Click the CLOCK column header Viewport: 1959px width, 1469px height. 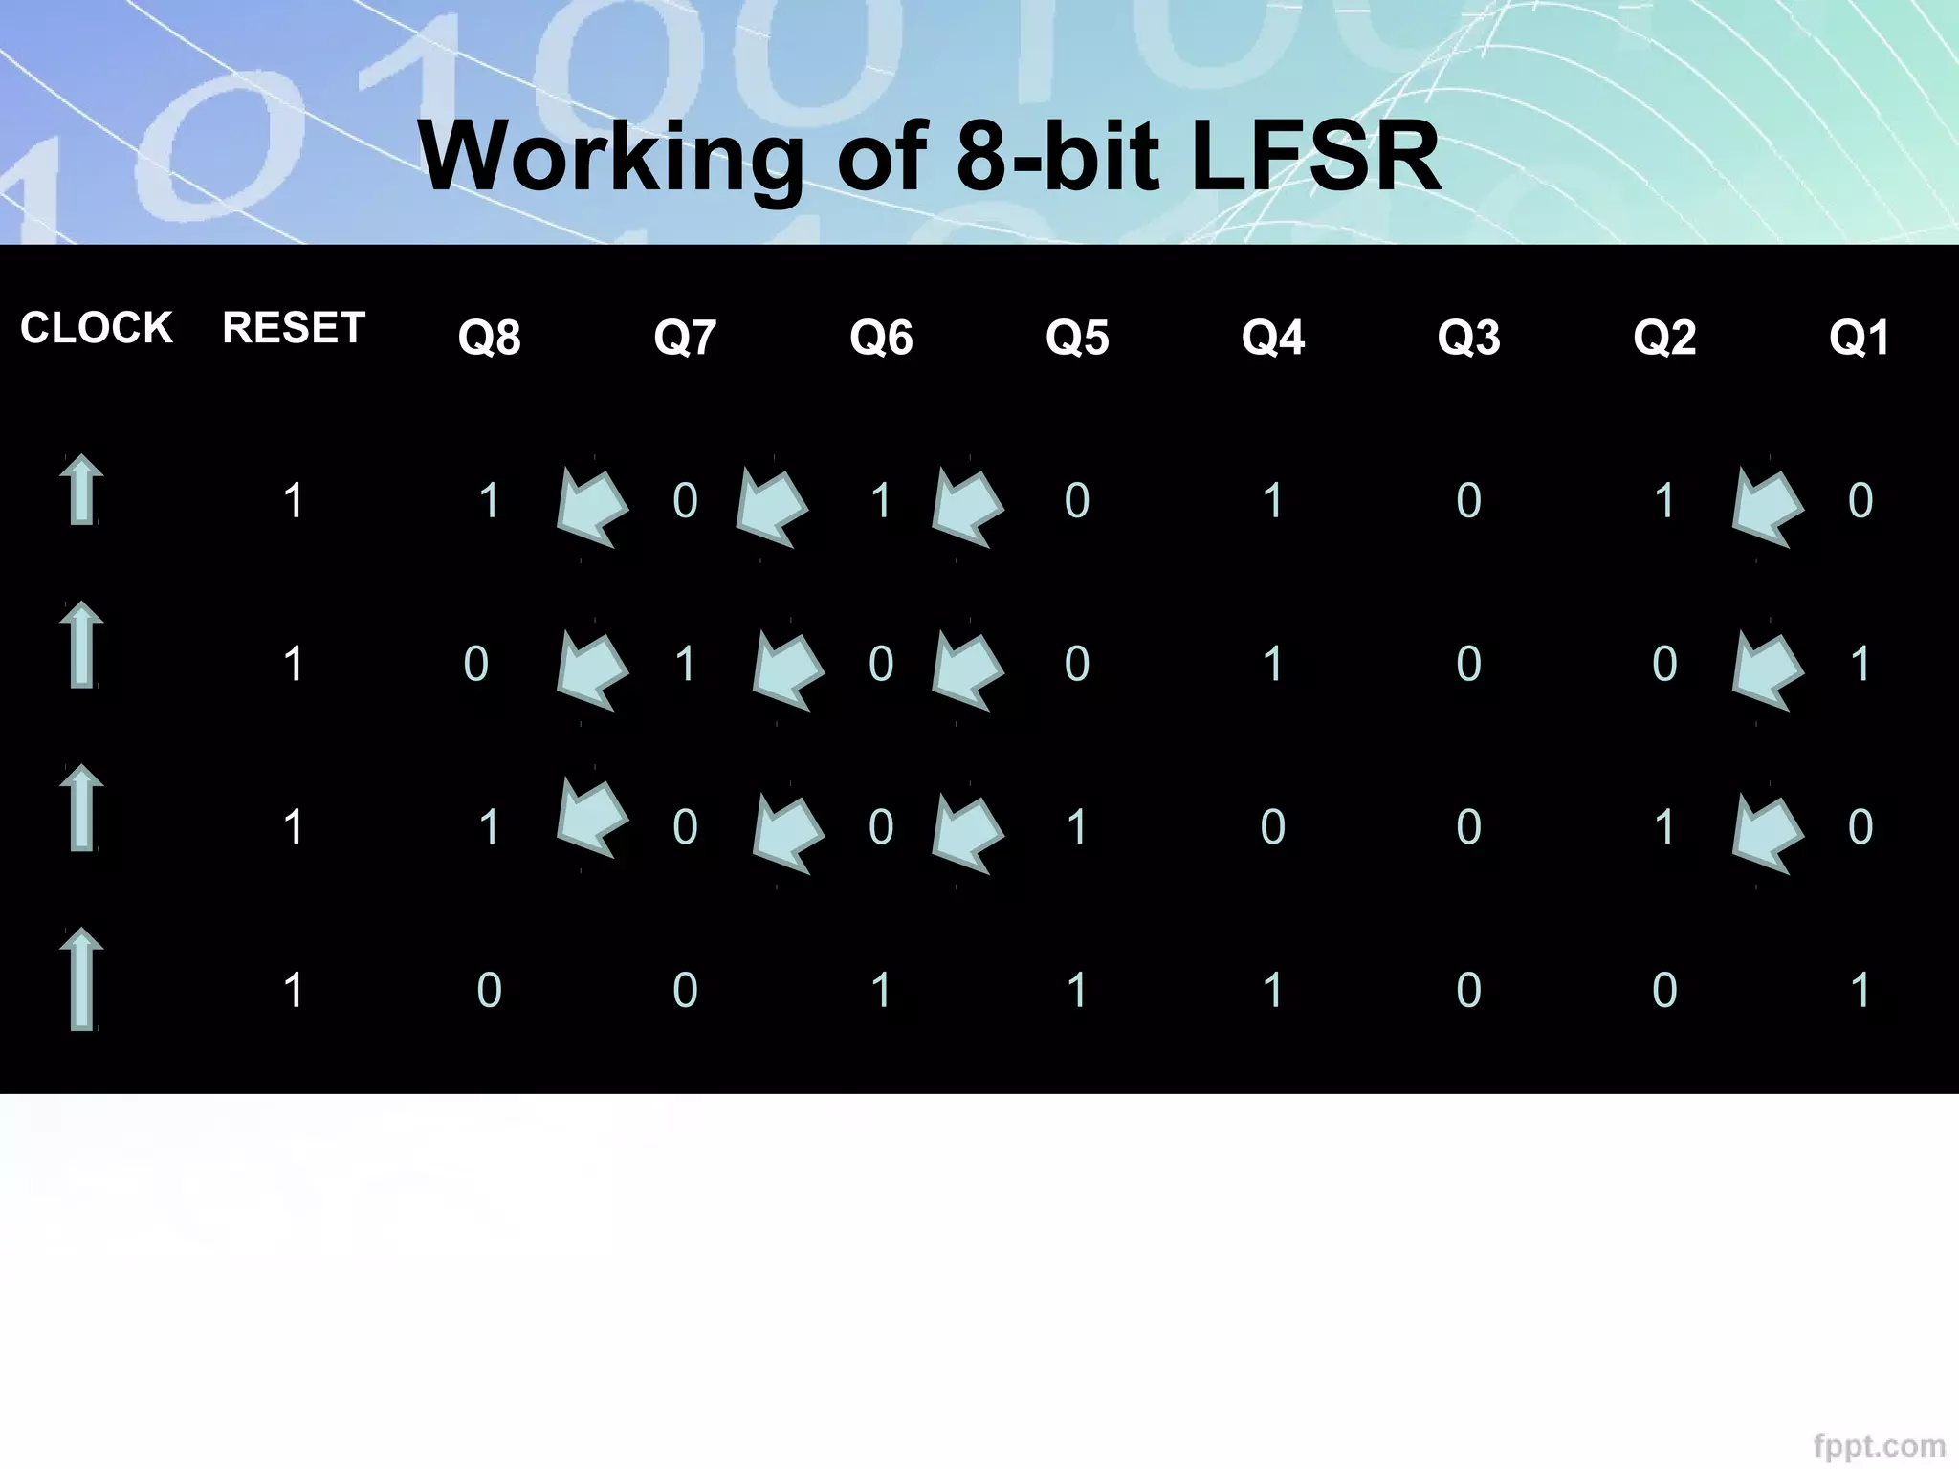click(x=96, y=328)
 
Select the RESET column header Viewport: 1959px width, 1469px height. click(x=294, y=328)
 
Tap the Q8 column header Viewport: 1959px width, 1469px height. click(x=489, y=338)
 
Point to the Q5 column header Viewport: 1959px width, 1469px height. click(x=1077, y=338)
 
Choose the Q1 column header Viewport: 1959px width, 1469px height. click(x=1860, y=338)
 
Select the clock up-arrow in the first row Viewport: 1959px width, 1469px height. click(x=82, y=490)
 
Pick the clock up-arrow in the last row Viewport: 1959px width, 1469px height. click(x=82, y=978)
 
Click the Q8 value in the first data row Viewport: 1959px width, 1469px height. click(x=489, y=500)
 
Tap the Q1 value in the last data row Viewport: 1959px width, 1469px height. click(x=1860, y=990)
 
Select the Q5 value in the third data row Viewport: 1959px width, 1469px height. click(x=1077, y=827)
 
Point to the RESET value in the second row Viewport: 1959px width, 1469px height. click(x=294, y=664)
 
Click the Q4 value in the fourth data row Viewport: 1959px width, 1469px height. click(x=1272, y=990)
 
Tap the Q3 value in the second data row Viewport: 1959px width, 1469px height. click(x=1468, y=664)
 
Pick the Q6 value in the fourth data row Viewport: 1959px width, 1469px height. click(x=881, y=990)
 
